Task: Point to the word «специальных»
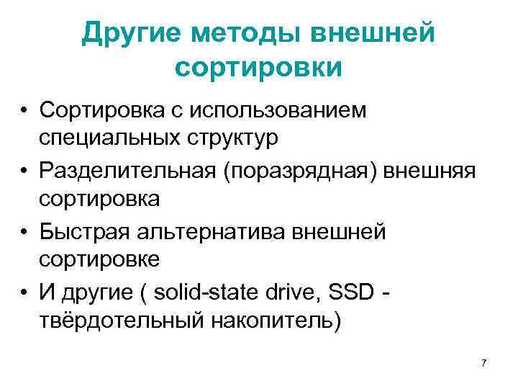point(113,137)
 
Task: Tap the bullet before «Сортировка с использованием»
point(24,112)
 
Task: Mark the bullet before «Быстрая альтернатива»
point(24,232)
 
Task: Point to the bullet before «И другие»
point(24,292)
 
